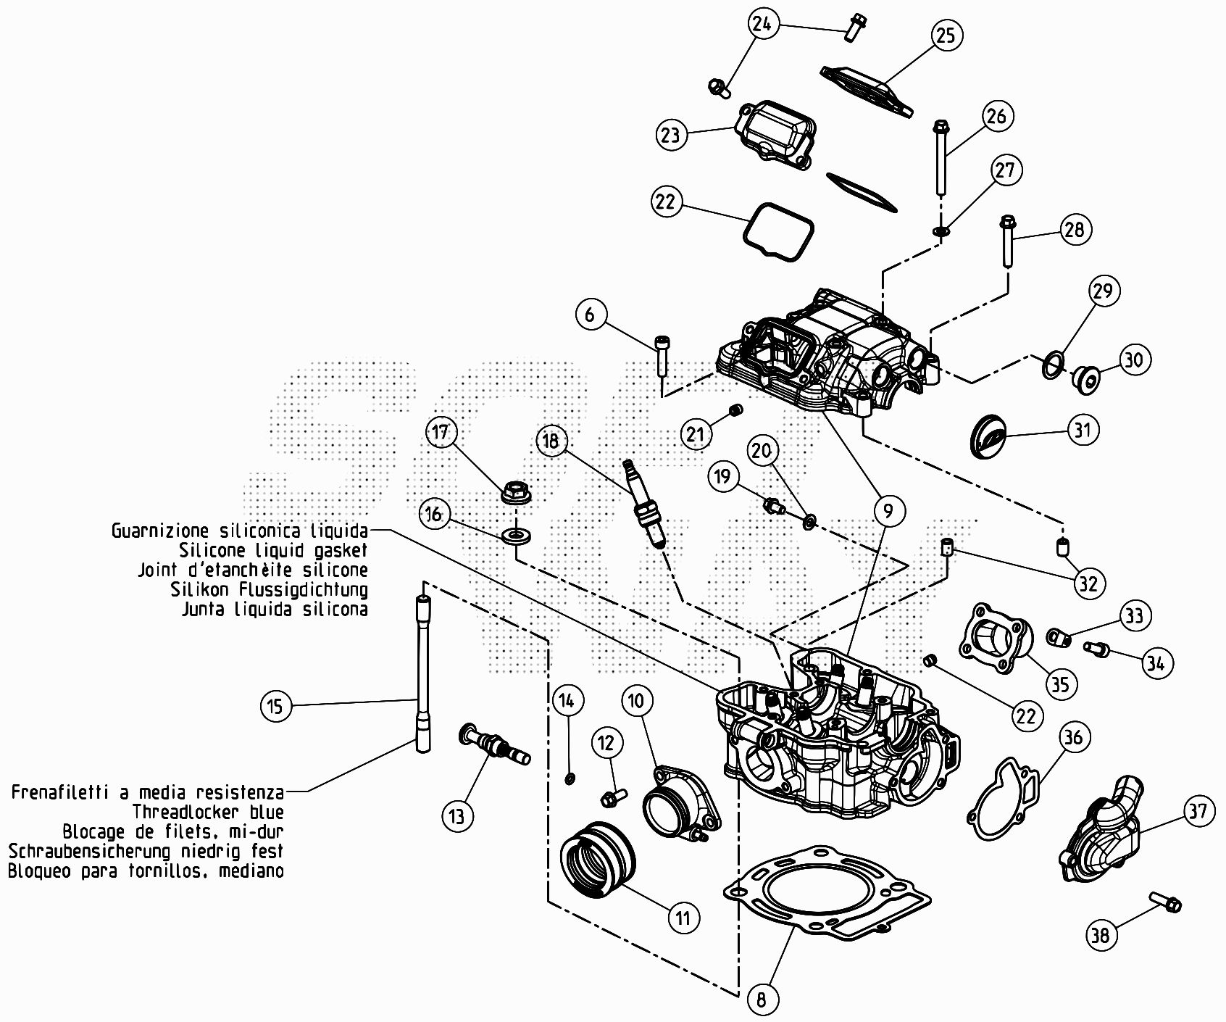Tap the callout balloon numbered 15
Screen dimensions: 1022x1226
click(x=275, y=705)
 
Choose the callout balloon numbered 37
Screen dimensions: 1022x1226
click(x=1198, y=810)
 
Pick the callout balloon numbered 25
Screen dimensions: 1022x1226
click(x=946, y=35)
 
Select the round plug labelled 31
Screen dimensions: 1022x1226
click(x=988, y=436)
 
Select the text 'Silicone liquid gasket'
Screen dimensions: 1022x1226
click(x=273, y=550)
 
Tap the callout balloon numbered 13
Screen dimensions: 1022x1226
click(x=456, y=816)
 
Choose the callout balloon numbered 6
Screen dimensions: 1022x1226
click(x=590, y=315)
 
